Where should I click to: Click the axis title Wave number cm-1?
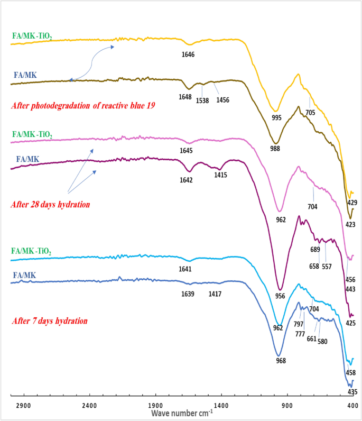[x=182, y=413]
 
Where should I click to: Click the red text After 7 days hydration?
[x=49, y=321]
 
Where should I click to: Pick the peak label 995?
[x=276, y=117]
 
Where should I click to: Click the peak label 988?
[x=275, y=149]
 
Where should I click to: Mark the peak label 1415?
[x=220, y=175]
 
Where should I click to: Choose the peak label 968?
[x=281, y=361]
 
